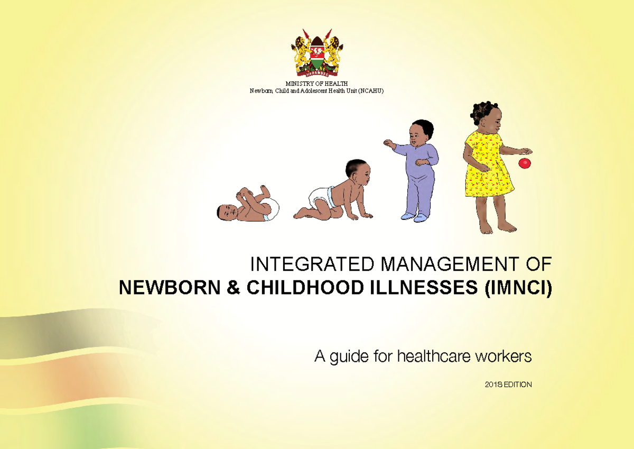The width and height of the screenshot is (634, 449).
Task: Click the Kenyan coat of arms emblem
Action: (316, 53)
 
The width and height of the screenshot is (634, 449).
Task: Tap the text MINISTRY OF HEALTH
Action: (316, 85)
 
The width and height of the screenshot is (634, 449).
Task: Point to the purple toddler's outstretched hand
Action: (389, 143)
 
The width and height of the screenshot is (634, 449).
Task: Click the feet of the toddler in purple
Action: (415, 216)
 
